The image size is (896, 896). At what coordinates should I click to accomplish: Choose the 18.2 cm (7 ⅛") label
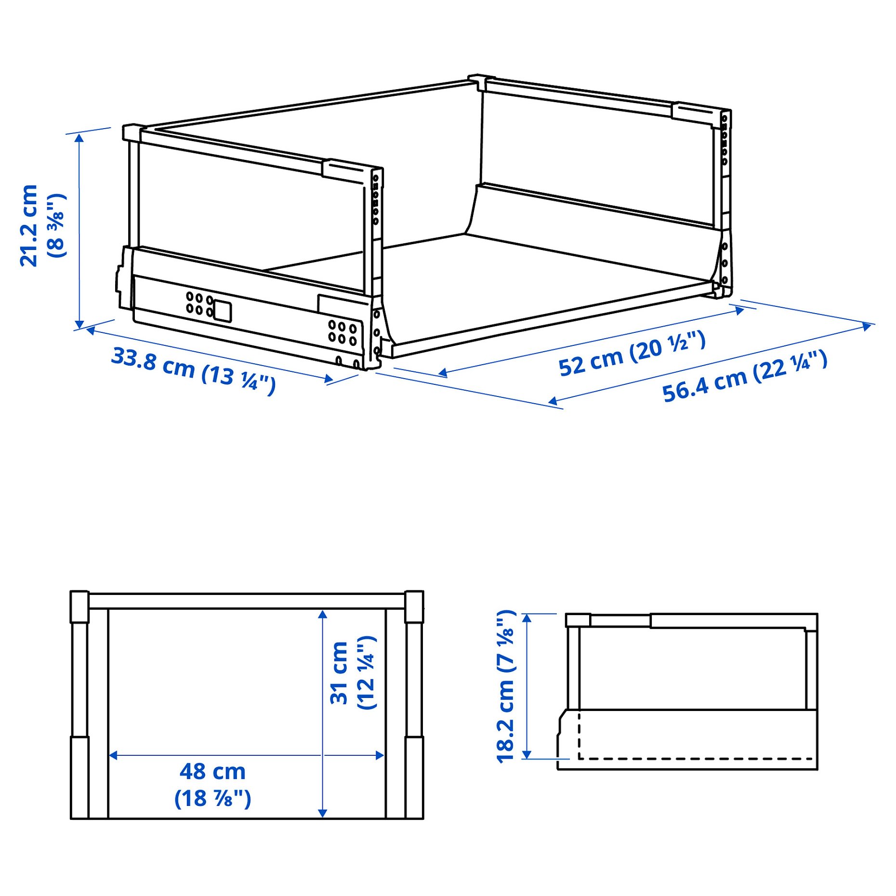[x=506, y=686]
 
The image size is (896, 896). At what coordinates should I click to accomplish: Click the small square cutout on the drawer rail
[x=223, y=311]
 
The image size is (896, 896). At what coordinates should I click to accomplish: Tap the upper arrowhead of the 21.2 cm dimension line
[x=79, y=138]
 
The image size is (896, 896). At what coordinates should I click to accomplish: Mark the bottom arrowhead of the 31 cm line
[x=323, y=813]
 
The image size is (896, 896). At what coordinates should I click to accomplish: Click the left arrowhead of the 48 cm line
[x=113, y=755]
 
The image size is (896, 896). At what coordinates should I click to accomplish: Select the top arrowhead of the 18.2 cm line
[x=527, y=618]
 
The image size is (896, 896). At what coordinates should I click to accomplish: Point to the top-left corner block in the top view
[x=79, y=606]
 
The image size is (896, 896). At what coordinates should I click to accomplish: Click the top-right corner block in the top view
[x=414, y=606]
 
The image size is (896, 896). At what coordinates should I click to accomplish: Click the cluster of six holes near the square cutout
[x=199, y=303]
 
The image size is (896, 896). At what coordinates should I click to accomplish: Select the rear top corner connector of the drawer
[x=481, y=82]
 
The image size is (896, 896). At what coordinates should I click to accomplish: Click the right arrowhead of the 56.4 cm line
[x=868, y=326]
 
